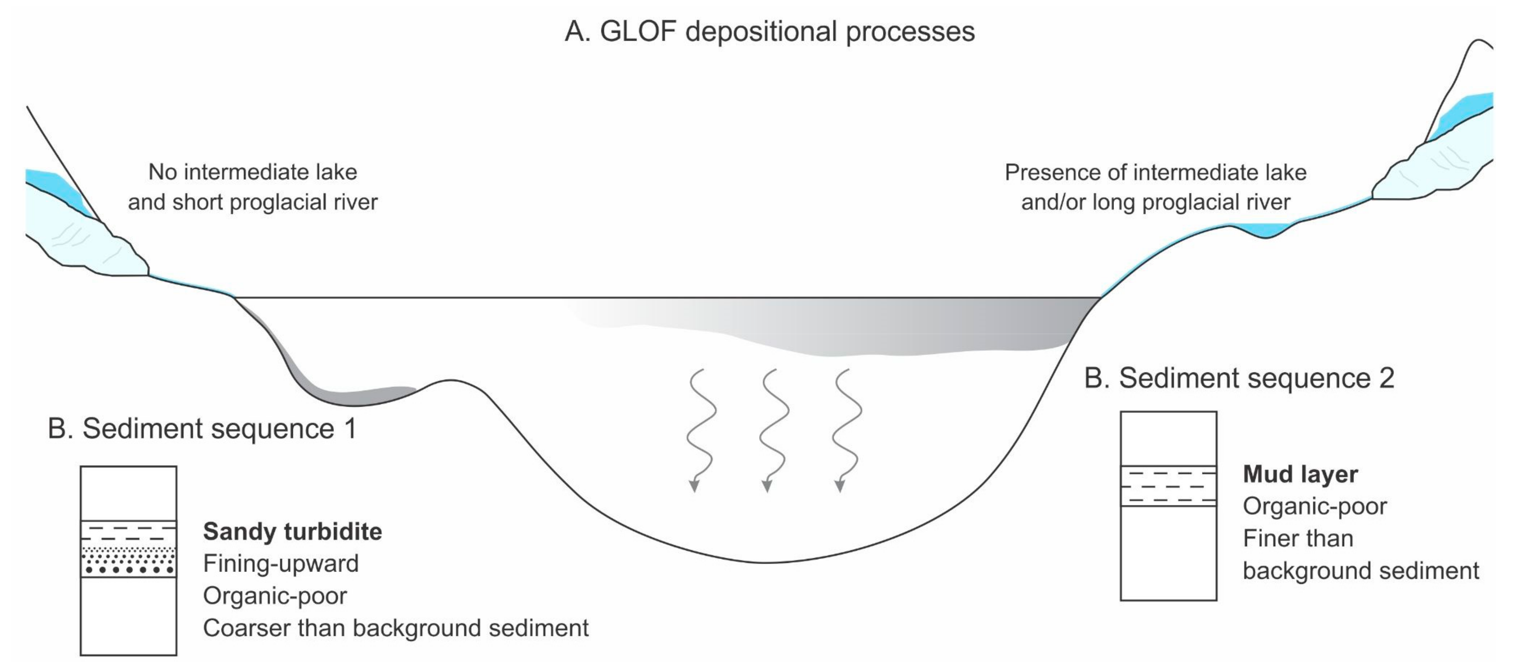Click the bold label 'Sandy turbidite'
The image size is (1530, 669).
click(292, 531)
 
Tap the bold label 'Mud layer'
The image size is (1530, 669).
click(1300, 474)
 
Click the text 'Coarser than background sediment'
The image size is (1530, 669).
click(396, 628)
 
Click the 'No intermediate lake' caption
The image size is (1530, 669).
click(252, 172)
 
